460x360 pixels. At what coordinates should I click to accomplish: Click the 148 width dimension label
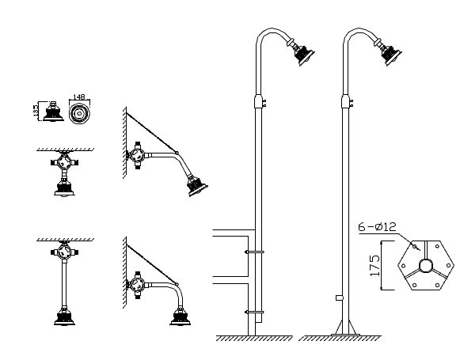click(x=78, y=97)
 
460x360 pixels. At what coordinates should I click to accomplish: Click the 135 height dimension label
click(x=36, y=111)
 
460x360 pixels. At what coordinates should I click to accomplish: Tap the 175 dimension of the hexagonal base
click(x=375, y=266)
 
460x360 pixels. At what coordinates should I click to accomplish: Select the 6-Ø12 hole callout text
click(x=378, y=226)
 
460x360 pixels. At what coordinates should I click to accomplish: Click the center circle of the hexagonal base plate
click(x=426, y=266)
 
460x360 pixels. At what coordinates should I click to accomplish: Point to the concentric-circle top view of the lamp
click(x=79, y=113)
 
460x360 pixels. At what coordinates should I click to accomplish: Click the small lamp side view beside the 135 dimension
click(x=53, y=112)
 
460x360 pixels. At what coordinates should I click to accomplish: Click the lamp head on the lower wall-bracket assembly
click(x=181, y=316)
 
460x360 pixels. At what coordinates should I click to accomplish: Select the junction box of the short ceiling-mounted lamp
click(x=64, y=162)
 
